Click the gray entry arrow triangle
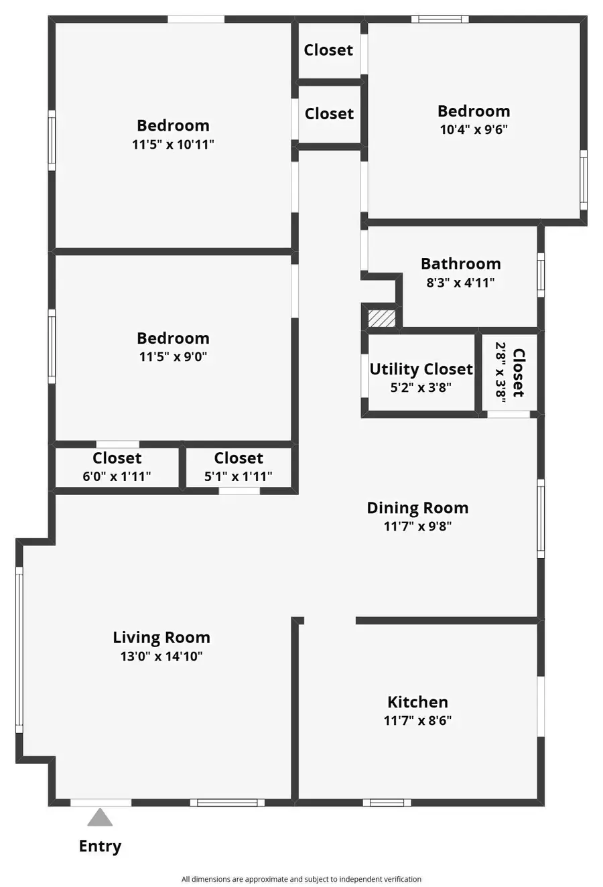pyautogui.click(x=100, y=818)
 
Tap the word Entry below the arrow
pyautogui.click(x=100, y=846)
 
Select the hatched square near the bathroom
pyautogui.click(x=382, y=318)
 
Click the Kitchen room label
pyautogui.click(x=417, y=702)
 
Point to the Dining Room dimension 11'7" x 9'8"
pyautogui.click(x=417, y=527)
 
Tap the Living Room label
pyautogui.click(x=161, y=638)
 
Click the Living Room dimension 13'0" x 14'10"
pyautogui.click(x=161, y=657)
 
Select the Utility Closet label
pyautogui.click(x=421, y=369)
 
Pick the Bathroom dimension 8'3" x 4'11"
pyautogui.click(x=460, y=283)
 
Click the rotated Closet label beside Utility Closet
pyautogui.click(x=518, y=372)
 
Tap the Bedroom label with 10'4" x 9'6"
pyautogui.click(x=474, y=111)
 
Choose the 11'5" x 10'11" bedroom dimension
pyautogui.click(x=173, y=144)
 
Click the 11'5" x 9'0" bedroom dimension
pyautogui.click(x=173, y=356)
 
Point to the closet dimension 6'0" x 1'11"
pyautogui.click(x=117, y=476)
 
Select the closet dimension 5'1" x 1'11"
pyautogui.click(x=238, y=476)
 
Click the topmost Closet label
pyautogui.click(x=328, y=50)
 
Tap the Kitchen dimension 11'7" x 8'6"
pyautogui.click(x=417, y=721)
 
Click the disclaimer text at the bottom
pyautogui.click(x=301, y=879)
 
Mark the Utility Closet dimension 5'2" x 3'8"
pyautogui.click(x=421, y=387)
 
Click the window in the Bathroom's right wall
pyautogui.click(x=541, y=275)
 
